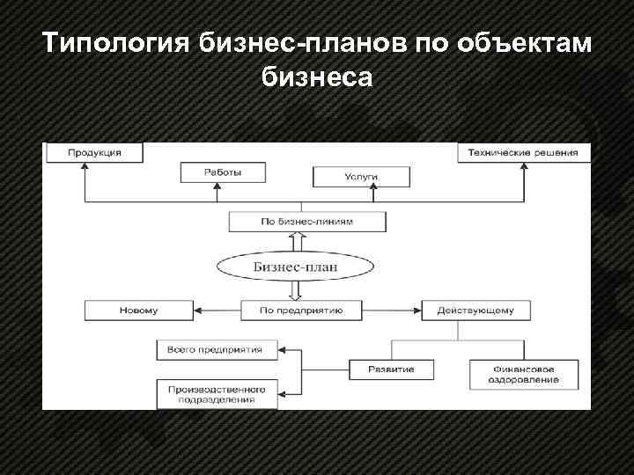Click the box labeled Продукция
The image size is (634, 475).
tap(94, 152)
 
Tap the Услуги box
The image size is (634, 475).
tap(361, 177)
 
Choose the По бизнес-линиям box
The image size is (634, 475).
tap(306, 222)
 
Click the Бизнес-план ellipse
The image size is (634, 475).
tap(295, 267)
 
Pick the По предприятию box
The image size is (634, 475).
tap(295, 311)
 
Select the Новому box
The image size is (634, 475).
tap(139, 311)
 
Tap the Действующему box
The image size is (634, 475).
tap(475, 311)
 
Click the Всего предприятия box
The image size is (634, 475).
tap(216, 349)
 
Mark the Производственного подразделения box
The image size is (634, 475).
tap(216, 393)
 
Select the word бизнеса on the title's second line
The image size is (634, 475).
tap(317, 77)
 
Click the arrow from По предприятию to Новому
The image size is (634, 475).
tap(217, 311)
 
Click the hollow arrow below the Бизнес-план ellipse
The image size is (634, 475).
tap(295, 290)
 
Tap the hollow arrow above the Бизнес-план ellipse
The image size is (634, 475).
tap(295, 243)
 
